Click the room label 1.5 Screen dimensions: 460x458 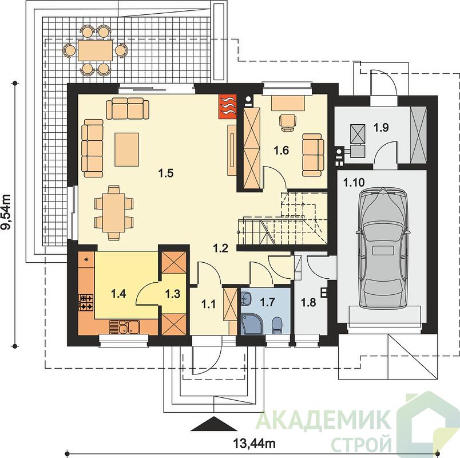point(166,173)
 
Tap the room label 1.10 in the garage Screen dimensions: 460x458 point(354,183)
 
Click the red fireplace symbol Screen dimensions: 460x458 point(227,106)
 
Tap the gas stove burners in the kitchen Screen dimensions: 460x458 point(86,303)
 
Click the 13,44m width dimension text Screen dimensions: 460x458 point(255,443)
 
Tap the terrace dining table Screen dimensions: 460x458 point(95,50)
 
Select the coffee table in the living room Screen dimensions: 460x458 point(127,149)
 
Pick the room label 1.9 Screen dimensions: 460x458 point(381,128)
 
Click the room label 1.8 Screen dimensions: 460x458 point(308,302)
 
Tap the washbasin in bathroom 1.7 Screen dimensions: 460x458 point(245,298)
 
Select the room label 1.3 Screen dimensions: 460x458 point(173,293)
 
